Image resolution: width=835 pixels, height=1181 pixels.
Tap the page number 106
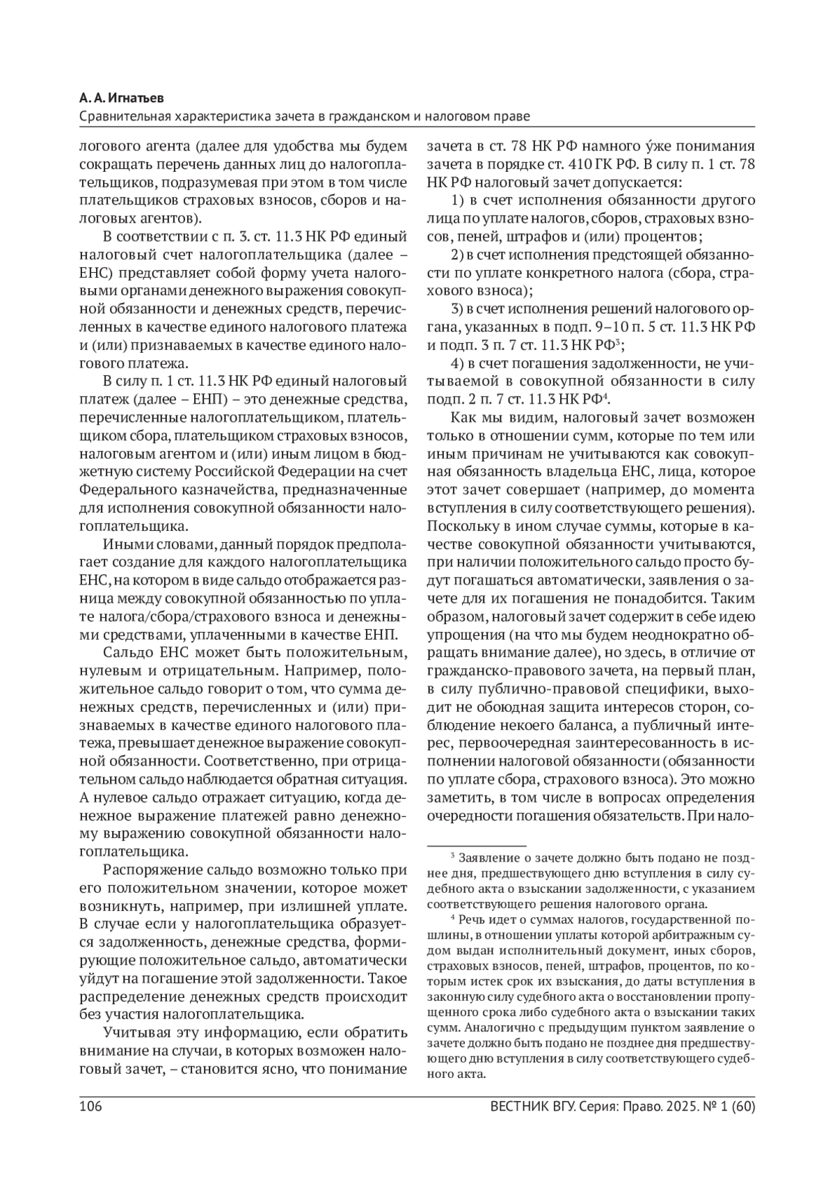point(90,1107)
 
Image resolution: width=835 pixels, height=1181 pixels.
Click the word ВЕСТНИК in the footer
point(518,1107)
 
